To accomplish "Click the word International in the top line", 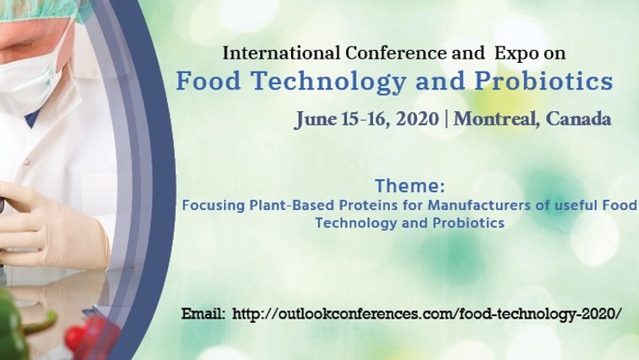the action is pyautogui.click(x=282, y=53).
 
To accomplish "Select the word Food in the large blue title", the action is pyautogui.click(x=208, y=81).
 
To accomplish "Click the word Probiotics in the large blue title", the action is pyautogui.click(x=544, y=81).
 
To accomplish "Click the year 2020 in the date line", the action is pyautogui.click(x=418, y=119).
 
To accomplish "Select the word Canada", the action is pyautogui.click(x=578, y=119).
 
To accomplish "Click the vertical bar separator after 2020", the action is pyautogui.click(x=446, y=119).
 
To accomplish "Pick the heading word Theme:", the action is pyautogui.click(x=410, y=186).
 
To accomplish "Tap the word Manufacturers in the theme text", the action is pyautogui.click(x=479, y=205).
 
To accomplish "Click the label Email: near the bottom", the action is pyautogui.click(x=203, y=313).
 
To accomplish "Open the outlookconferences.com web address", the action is pyautogui.click(x=427, y=313).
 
